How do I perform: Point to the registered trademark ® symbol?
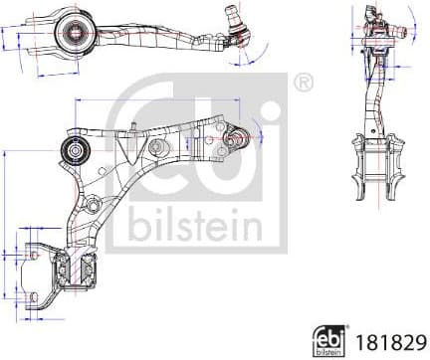point(303,82)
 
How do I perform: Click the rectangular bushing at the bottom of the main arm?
point(74,266)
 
